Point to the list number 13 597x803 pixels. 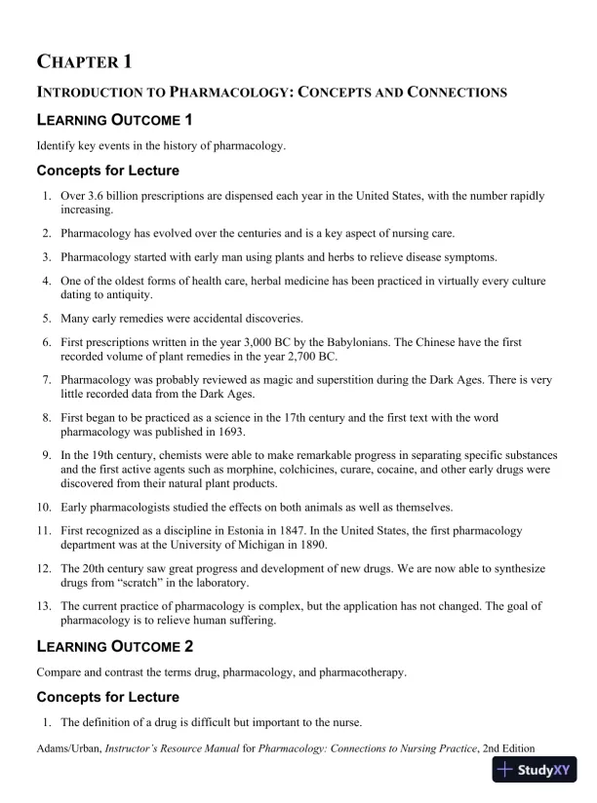(x=44, y=606)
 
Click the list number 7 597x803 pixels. (x=47, y=380)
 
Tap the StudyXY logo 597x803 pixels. (x=535, y=770)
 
